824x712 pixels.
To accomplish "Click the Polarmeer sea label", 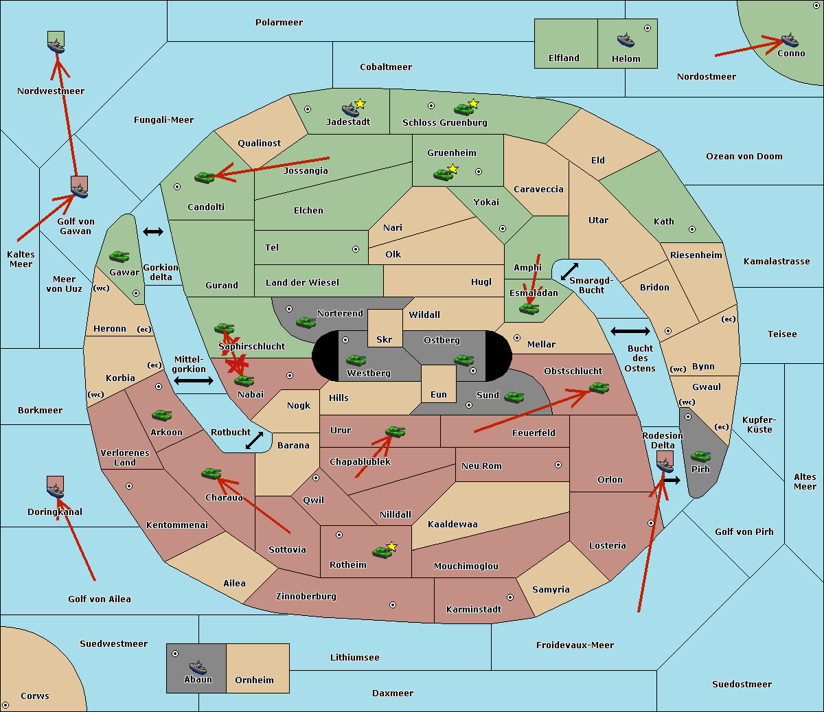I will pyautogui.click(x=279, y=23).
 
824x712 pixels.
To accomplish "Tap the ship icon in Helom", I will pyautogui.click(x=626, y=41).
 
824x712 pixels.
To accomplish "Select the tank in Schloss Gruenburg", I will pyautogui.click(x=463, y=109).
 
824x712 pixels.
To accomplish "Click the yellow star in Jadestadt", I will pyautogui.click(x=360, y=104).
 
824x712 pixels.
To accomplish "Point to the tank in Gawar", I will pyautogui.click(x=119, y=257).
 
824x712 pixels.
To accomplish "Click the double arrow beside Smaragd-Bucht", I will pyautogui.click(x=569, y=271).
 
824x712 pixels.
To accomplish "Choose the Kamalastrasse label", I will pyautogui.click(x=777, y=262).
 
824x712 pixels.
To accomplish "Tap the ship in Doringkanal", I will pyautogui.click(x=56, y=490).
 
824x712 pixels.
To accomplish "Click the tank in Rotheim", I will pyautogui.click(x=382, y=551).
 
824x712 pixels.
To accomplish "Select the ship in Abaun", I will pyautogui.click(x=198, y=667).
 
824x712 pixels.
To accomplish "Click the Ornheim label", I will pyautogui.click(x=254, y=680).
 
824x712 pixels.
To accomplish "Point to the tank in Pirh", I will pyautogui.click(x=700, y=457).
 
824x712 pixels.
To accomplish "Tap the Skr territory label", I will pyautogui.click(x=385, y=339).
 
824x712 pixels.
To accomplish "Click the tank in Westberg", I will pyautogui.click(x=356, y=360).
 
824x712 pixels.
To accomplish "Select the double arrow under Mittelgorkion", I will pyautogui.click(x=193, y=380).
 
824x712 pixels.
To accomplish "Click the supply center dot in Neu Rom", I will pyautogui.click(x=558, y=465).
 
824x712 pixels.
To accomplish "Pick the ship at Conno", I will pyautogui.click(x=790, y=40).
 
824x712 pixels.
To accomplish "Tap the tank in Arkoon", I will pyautogui.click(x=161, y=415).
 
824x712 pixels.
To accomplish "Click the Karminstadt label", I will pyautogui.click(x=474, y=610).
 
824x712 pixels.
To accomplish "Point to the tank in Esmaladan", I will pyautogui.click(x=529, y=308).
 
